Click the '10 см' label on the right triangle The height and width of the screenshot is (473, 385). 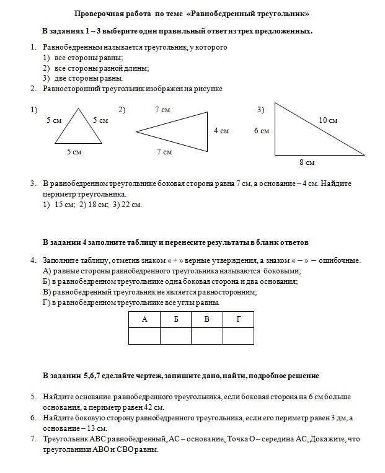[328, 120]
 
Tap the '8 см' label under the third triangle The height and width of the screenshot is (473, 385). [307, 162]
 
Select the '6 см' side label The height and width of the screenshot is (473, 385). [261, 131]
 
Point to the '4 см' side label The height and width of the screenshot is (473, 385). [221, 131]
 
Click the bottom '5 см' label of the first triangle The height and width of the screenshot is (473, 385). [74, 152]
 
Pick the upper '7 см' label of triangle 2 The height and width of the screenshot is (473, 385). [163, 110]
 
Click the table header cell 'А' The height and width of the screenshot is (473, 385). [144, 319]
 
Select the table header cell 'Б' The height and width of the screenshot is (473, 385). [176, 319]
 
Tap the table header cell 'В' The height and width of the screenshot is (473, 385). [207, 319]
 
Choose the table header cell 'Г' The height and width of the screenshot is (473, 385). [239, 319]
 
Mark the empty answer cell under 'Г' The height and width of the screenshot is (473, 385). [239, 335]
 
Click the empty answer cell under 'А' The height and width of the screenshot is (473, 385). [144, 335]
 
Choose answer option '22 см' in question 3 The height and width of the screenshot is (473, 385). [132, 205]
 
